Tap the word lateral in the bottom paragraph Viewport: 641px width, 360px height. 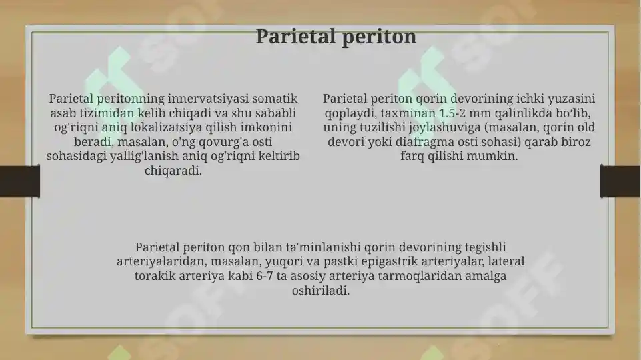pyautogui.click(x=506, y=261)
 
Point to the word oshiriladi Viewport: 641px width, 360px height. pyautogui.click(x=320, y=291)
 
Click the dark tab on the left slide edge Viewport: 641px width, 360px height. pyautogui.click(x=19, y=181)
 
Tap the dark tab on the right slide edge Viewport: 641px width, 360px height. pyautogui.click(x=620, y=181)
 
